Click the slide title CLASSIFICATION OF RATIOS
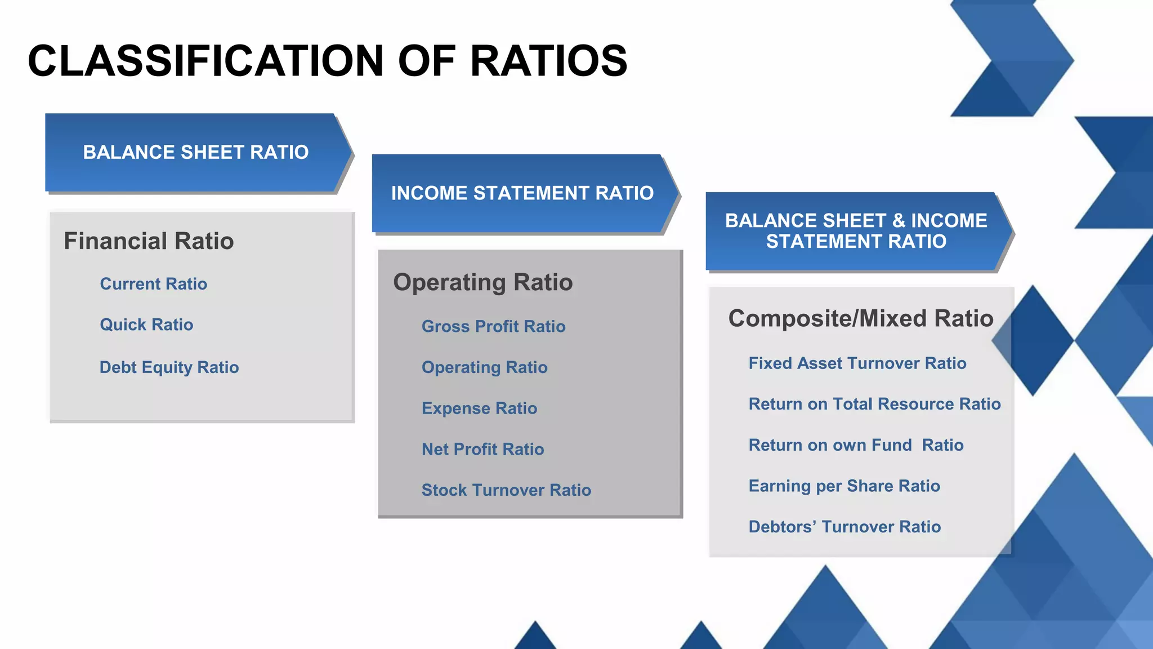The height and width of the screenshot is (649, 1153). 327,61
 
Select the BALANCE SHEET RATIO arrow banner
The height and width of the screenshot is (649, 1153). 196,152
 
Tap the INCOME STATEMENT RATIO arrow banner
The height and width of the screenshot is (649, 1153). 522,193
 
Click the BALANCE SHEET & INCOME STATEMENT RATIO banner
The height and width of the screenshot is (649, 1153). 856,231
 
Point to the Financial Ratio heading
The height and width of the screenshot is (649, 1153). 149,241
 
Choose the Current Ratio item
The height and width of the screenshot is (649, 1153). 153,284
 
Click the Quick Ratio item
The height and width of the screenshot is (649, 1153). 146,325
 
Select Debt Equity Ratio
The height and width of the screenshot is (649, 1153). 169,367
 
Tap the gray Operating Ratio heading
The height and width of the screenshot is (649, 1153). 482,282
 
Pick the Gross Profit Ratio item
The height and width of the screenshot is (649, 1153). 493,327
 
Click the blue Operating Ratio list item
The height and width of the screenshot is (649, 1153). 484,367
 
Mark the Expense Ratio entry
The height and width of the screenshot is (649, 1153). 479,408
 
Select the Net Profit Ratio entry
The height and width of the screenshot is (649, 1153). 482,450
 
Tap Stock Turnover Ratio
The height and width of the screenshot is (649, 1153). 506,490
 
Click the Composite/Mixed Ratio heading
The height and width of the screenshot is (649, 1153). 860,319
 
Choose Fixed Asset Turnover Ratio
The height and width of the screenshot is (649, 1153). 857,363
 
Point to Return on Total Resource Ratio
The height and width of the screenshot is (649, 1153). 874,404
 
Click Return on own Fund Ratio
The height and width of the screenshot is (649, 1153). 856,445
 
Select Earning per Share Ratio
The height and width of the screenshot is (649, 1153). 844,486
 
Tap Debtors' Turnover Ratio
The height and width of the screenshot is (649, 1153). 844,527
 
